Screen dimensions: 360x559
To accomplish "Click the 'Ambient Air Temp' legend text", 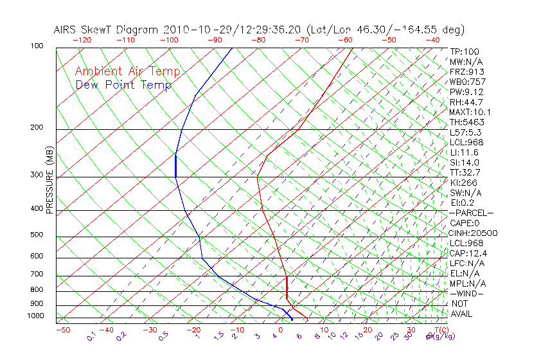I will [x=127, y=71].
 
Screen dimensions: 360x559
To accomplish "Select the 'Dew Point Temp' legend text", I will [x=123, y=85].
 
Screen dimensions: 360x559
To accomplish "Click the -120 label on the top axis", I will [x=82, y=40].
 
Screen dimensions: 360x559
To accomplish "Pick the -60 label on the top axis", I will [x=345, y=40].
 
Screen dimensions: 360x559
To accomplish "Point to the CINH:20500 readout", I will [x=474, y=233].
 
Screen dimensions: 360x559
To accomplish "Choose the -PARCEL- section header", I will [x=472, y=213].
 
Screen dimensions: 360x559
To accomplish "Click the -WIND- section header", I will [x=467, y=293].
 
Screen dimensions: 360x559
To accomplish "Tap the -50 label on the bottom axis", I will [x=62, y=330].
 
